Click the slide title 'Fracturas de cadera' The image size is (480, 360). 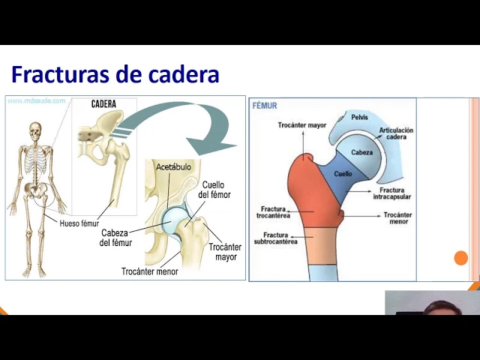(x=115, y=75)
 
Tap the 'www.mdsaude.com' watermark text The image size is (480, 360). (x=37, y=100)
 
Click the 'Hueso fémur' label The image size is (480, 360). (x=79, y=223)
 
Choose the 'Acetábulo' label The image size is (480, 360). (x=173, y=166)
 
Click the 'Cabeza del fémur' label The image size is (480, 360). (x=115, y=237)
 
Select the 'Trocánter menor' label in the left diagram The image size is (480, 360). (x=150, y=271)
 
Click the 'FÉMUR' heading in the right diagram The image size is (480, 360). (x=265, y=106)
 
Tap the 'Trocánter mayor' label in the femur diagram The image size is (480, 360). (x=302, y=125)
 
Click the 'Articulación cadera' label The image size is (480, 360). (x=396, y=134)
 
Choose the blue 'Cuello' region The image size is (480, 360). (x=343, y=174)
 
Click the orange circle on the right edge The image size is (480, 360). (x=461, y=258)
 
